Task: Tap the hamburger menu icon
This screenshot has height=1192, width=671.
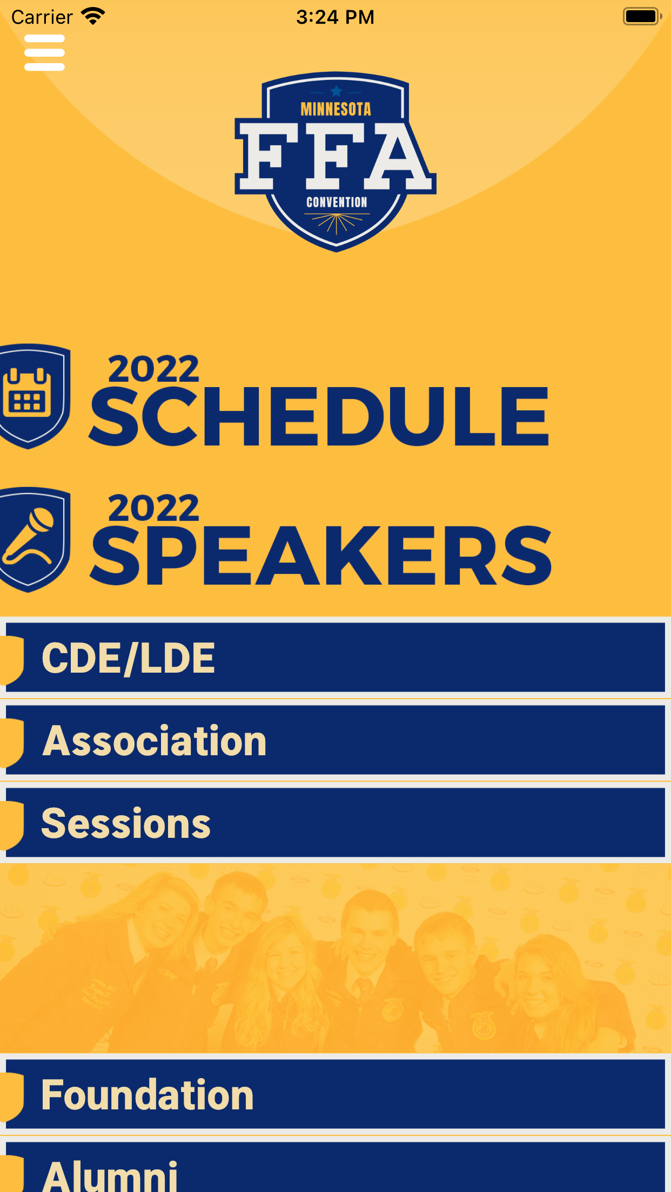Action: [44, 52]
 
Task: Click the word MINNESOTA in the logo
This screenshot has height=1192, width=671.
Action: [335, 109]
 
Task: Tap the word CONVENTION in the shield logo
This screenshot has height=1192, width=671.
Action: [337, 202]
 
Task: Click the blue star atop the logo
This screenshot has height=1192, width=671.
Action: [336, 91]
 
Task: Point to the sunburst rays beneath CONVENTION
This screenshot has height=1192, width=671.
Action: [337, 223]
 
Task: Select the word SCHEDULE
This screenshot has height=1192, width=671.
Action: [319, 416]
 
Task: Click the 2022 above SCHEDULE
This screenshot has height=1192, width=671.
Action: [153, 369]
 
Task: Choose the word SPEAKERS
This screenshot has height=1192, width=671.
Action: [321, 556]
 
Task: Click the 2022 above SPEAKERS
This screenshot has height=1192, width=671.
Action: [153, 508]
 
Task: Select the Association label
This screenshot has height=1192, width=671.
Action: [155, 741]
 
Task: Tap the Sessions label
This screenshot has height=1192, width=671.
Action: [126, 823]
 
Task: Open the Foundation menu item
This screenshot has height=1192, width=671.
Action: [147, 1095]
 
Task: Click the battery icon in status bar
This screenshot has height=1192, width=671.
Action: [642, 16]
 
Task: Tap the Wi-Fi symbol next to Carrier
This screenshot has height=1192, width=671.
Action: [93, 16]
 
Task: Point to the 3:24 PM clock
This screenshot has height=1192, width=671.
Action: [335, 17]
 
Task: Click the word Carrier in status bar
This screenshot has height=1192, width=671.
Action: [42, 17]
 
